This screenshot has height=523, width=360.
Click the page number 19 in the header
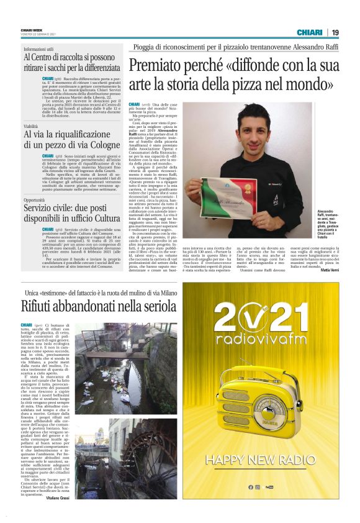[x=335, y=32]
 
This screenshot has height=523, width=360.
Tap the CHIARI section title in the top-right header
[x=310, y=32]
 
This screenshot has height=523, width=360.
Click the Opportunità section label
[x=37, y=200]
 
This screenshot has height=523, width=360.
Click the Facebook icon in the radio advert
[x=251, y=487]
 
